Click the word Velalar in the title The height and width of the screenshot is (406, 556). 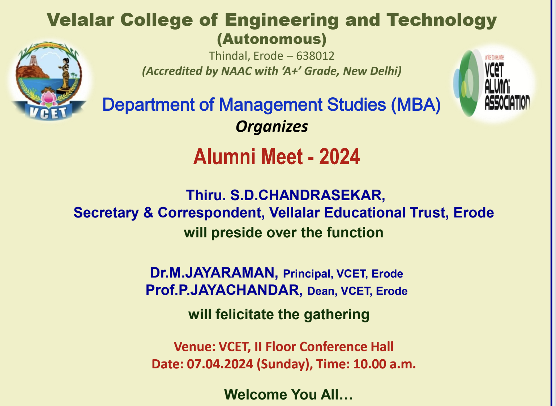coord(81,20)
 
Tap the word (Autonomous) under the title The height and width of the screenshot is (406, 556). coord(272,39)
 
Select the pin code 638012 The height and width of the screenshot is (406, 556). coord(315,56)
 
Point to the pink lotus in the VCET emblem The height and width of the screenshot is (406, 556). coord(49,98)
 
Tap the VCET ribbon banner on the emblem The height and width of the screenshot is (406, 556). coord(48,112)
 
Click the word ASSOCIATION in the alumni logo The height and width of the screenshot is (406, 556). coord(507,102)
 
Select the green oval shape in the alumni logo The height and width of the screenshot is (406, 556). coord(466,83)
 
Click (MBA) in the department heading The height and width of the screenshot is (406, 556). coord(416,105)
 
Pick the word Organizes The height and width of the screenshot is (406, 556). coord(272,127)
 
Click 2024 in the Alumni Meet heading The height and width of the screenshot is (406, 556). coord(339,157)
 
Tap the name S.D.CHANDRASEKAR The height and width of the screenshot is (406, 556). coord(308,195)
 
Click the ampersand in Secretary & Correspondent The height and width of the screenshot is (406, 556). coord(148,213)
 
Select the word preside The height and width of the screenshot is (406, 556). coord(236,233)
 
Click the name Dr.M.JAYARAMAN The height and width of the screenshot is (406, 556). coord(214,273)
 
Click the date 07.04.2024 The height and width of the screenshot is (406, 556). coord(220,364)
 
